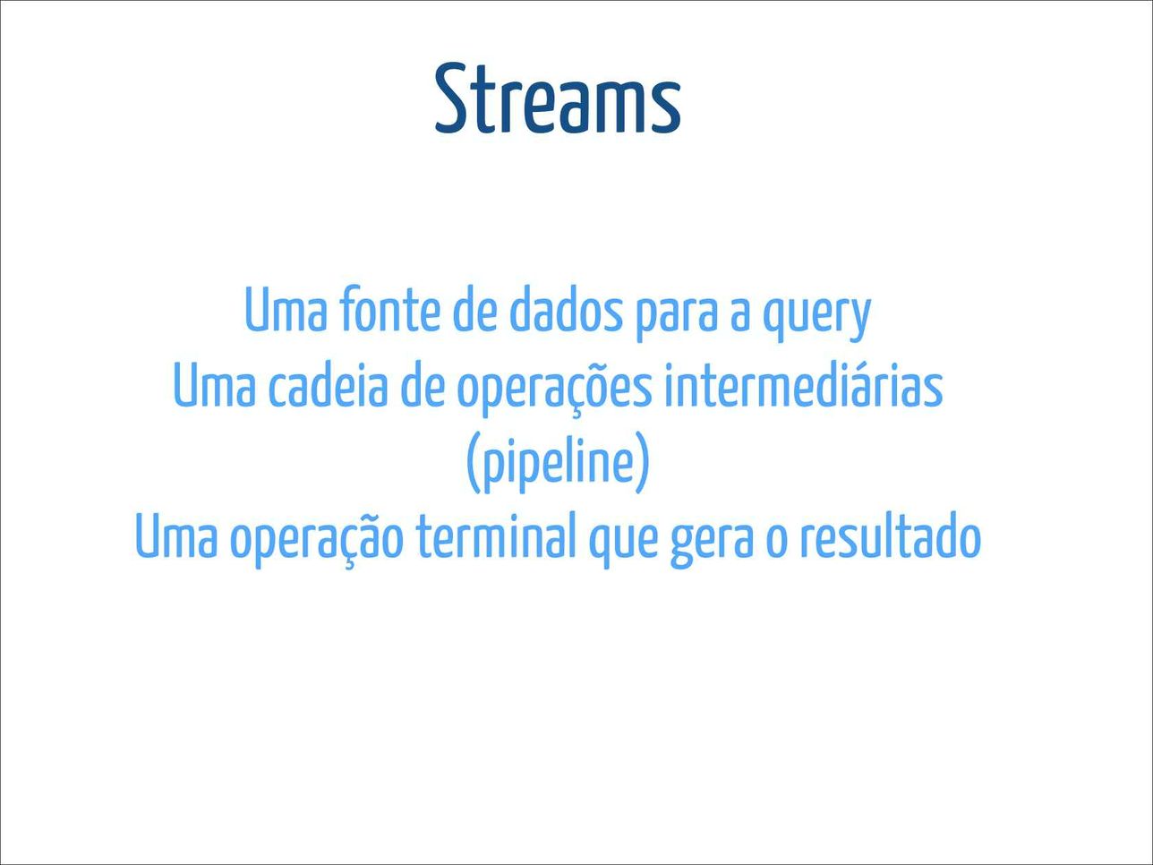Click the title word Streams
(558, 98)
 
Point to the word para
(677, 317)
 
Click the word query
(816, 317)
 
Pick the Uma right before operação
(176, 535)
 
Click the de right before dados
(474, 311)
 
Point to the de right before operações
(423, 386)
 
